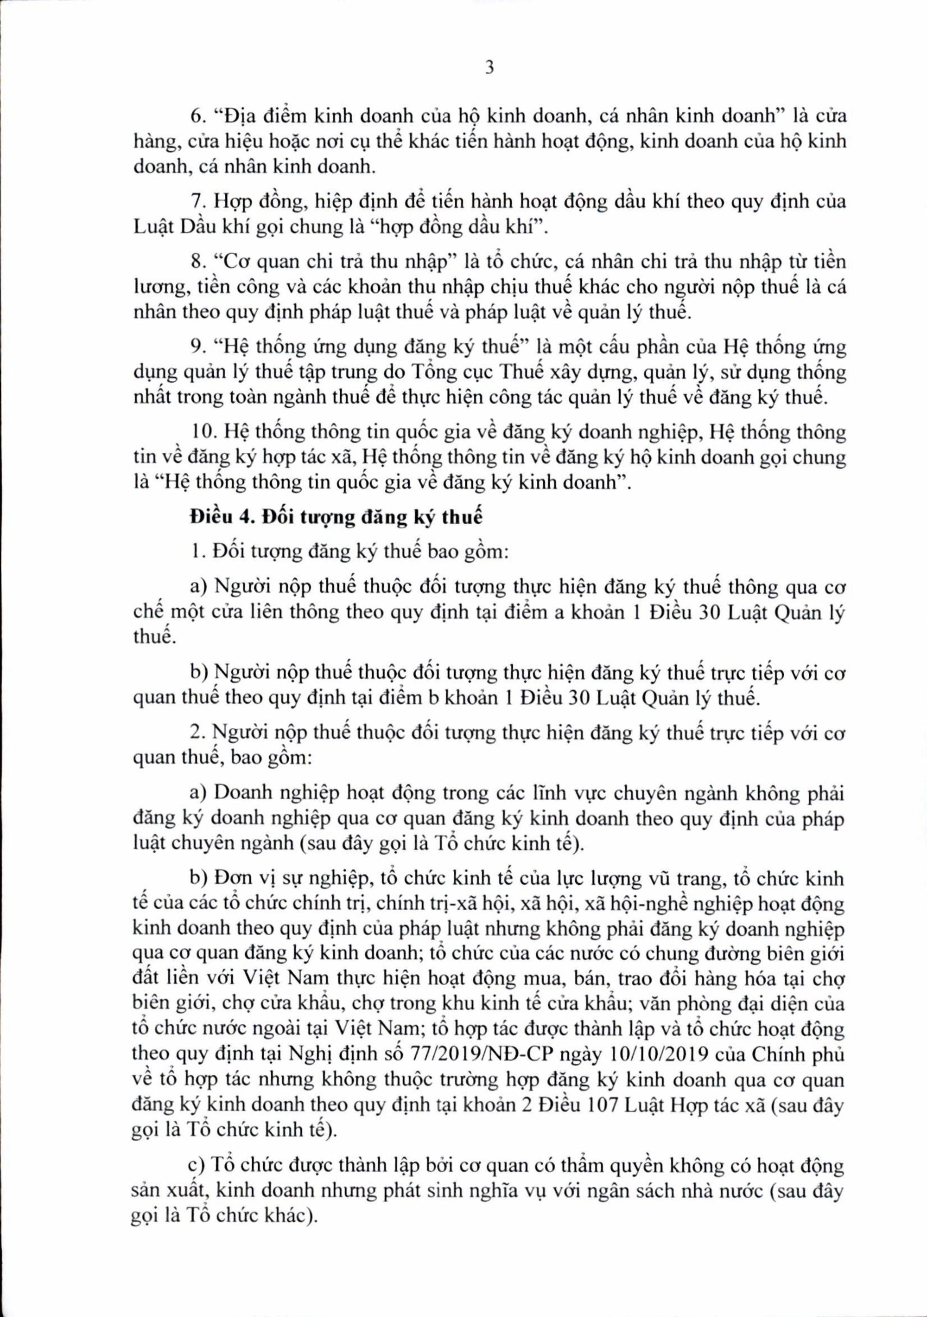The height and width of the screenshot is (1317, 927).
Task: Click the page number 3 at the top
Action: (x=489, y=69)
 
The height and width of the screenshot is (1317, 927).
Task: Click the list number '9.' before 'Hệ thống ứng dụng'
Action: (x=198, y=347)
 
